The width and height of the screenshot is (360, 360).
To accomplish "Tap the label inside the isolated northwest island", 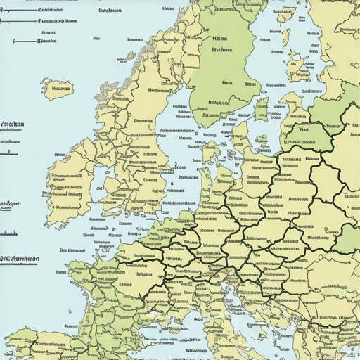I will pyautogui.click(x=60, y=89).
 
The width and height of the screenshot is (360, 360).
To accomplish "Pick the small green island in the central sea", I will pyautogui.click(x=262, y=111).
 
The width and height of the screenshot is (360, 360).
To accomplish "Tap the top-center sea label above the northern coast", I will pyautogui.click(x=110, y=11).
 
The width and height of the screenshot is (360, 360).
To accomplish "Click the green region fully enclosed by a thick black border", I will pyautogui.click(x=307, y=134).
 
